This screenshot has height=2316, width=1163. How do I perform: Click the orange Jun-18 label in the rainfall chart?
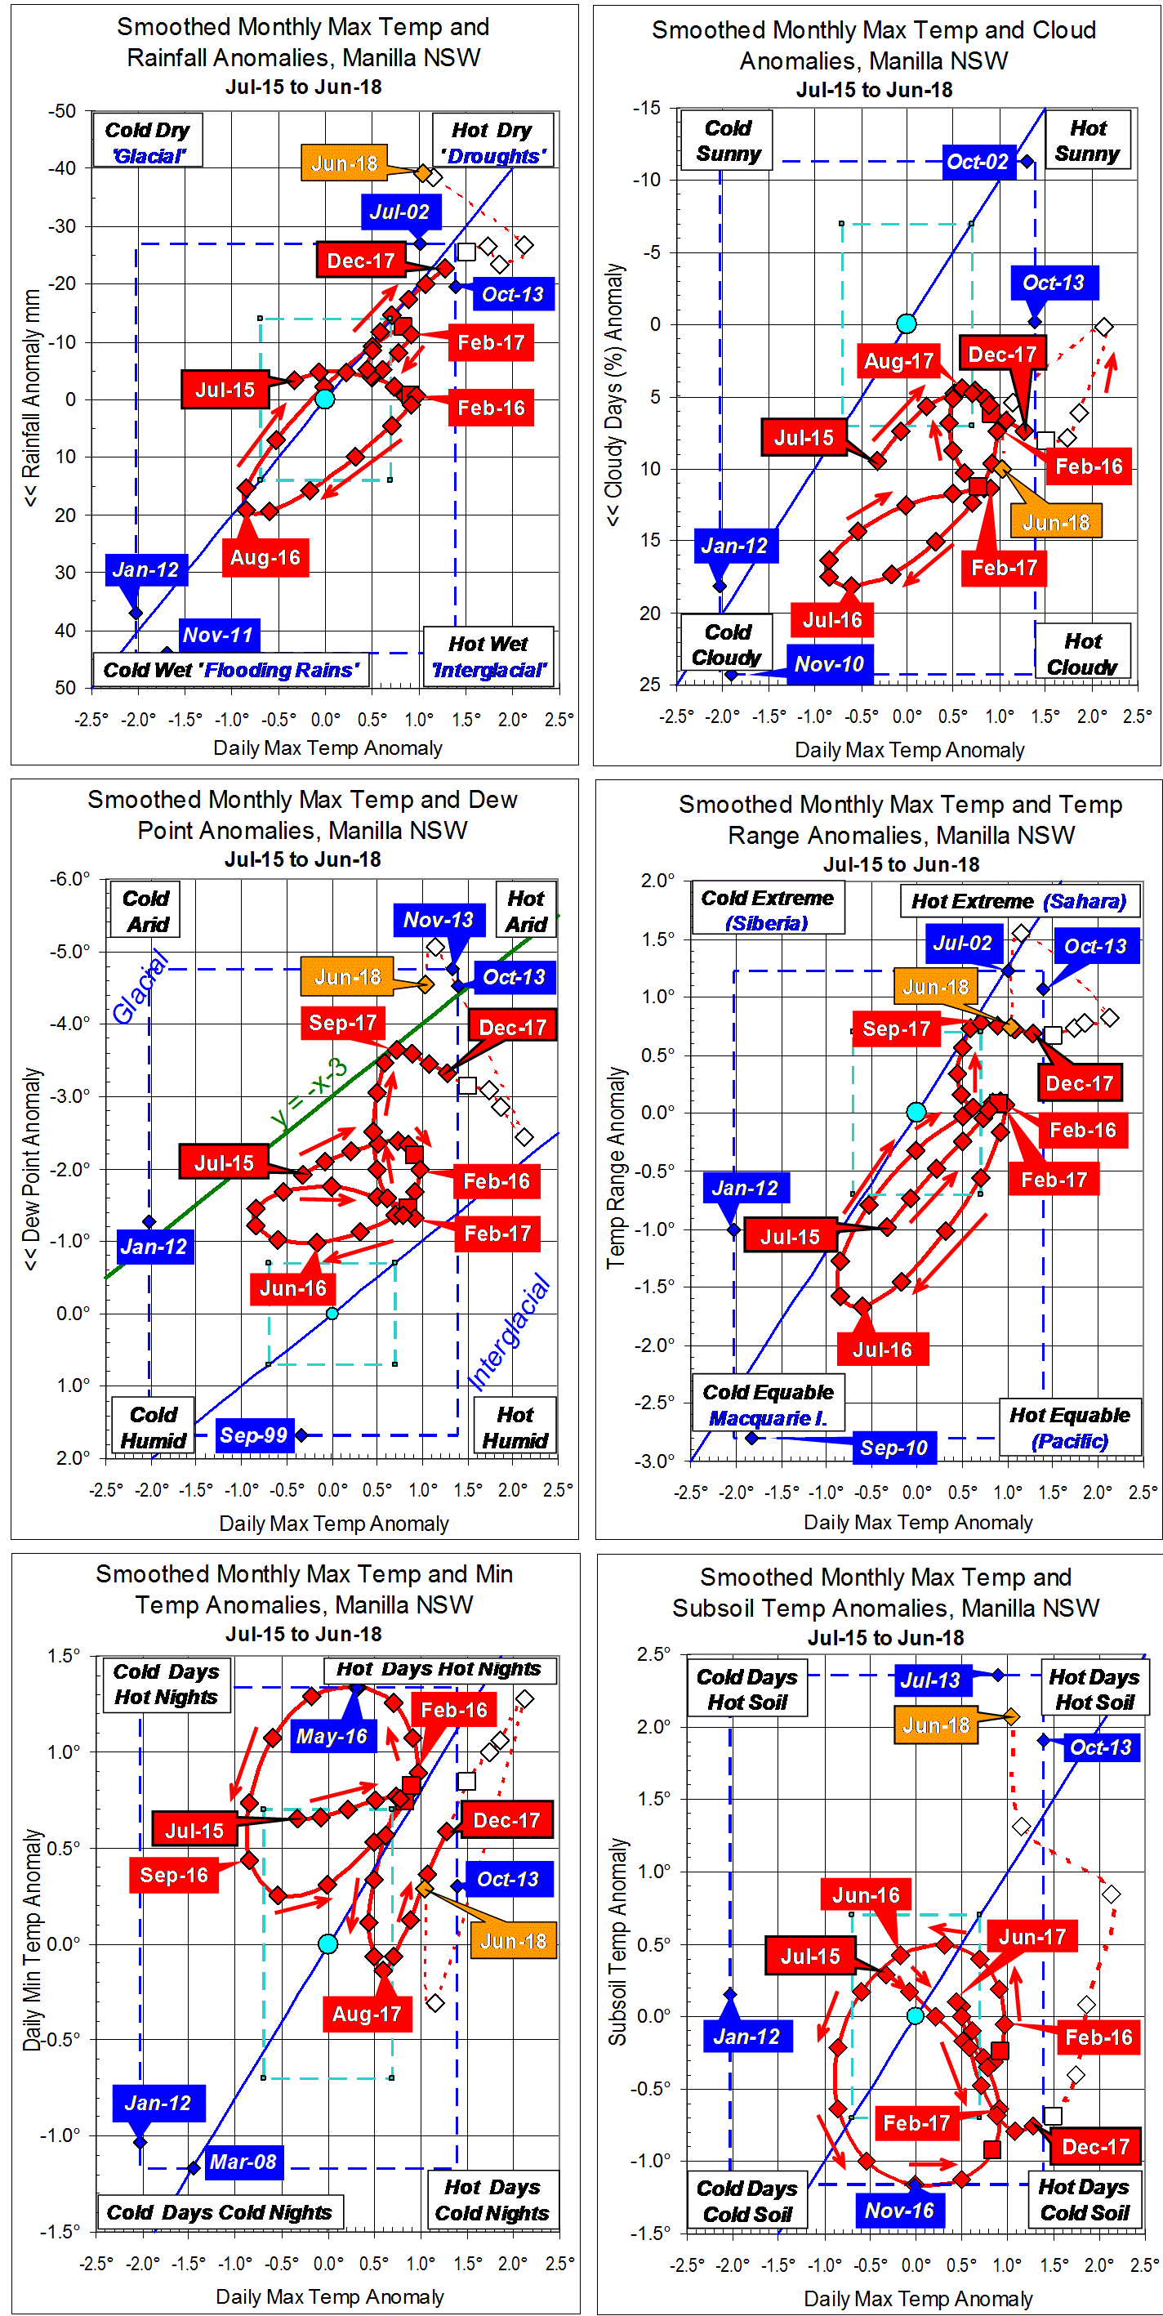(344, 163)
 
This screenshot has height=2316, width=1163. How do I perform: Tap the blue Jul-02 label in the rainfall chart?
(399, 212)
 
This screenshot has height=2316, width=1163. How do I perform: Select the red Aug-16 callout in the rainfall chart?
(265, 557)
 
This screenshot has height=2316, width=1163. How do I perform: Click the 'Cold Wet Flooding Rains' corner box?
(230, 670)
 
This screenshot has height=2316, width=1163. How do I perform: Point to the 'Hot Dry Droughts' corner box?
(492, 142)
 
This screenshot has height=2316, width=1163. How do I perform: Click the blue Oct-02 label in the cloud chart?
(977, 162)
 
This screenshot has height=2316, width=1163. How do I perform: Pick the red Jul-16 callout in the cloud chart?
(832, 620)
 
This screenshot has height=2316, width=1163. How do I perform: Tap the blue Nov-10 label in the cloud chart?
(829, 664)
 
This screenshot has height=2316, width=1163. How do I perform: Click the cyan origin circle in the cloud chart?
(906, 324)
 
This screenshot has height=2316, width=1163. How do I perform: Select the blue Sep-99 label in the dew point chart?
(253, 1435)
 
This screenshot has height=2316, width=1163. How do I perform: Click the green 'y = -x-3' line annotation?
(310, 1092)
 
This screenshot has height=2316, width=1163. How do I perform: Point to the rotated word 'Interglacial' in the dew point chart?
(509, 1332)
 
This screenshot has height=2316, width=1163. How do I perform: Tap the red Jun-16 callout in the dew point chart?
(293, 1288)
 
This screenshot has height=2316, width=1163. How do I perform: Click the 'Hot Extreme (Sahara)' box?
(1018, 901)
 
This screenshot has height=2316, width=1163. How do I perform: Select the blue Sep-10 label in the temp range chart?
(893, 1448)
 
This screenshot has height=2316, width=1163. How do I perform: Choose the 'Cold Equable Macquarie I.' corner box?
(768, 1404)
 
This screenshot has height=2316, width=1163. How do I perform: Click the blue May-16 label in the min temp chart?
(332, 1736)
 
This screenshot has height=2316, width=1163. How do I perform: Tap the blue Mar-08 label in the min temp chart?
(243, 2162)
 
